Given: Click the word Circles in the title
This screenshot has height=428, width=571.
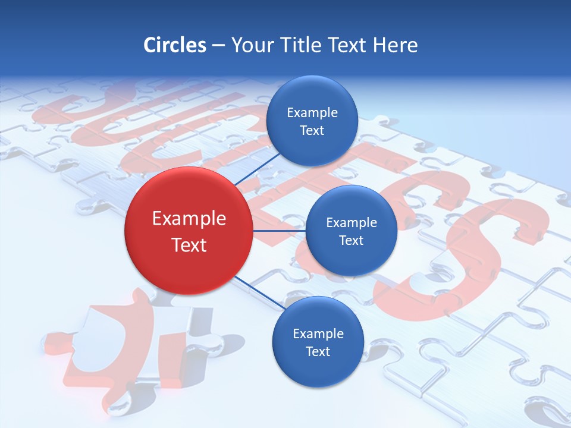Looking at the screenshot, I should click(x=174, y=45).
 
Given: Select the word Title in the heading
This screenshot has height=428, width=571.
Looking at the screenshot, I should click(x=302, y=45).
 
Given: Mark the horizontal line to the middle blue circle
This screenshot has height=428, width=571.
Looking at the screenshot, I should click(x=278, y=231).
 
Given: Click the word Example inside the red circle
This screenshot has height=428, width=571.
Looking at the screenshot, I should click(x=189, y=219).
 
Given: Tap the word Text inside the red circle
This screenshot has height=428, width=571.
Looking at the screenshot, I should click(x=189, y=245).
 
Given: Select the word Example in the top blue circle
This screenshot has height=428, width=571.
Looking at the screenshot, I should click(x=312, y=113).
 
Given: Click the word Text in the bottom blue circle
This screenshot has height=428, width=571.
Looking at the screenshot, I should click(x=318, y=351).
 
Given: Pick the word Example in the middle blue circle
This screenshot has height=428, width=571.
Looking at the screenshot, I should click(x=352, y=223).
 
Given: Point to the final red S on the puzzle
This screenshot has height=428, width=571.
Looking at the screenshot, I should click(x=482, y=250).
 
